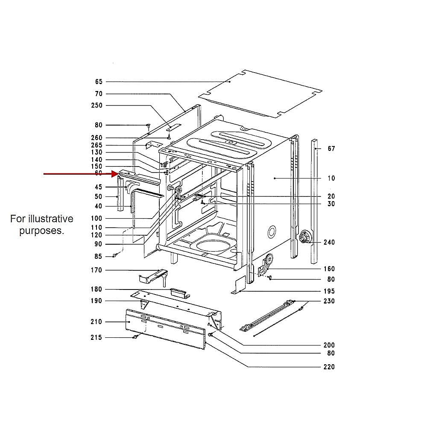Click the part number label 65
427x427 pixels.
click(x=99, y=82)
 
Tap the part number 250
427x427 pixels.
click(x=97, y=105)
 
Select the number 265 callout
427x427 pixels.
click(x=97, y=145)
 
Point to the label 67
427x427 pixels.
click(x=331, y=149)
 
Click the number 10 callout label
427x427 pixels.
click(x=331, y=178)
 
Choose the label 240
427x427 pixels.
click(x=329, y=242)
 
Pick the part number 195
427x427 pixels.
click(x=329, y=291)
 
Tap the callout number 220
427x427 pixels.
click(x=329, y=367)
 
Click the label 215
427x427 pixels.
click(x=97, y=337)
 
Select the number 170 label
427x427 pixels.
click(x=97, y=270)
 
